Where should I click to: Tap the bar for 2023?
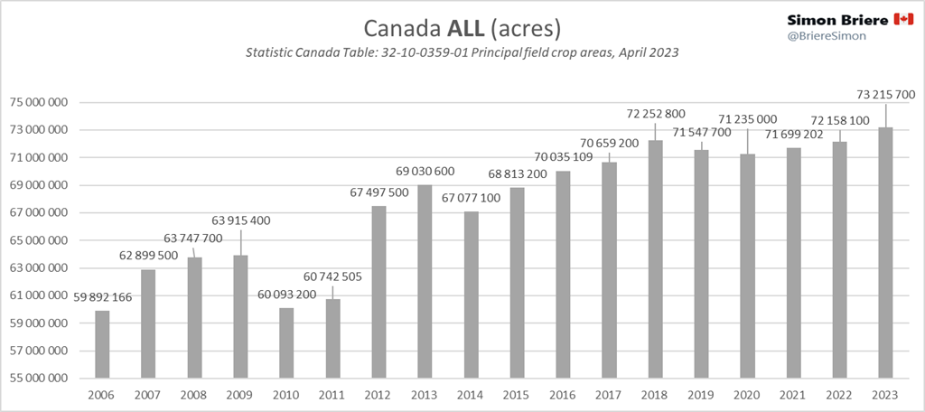tap(885, 252)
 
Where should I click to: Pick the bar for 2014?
tap(471, 295)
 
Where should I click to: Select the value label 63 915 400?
tap(240, 220)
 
